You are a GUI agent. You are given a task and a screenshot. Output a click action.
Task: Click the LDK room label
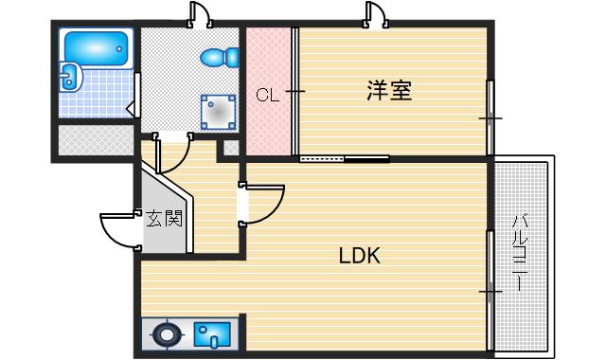(x=361, y=256)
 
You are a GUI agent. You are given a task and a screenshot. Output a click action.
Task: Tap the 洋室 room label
(x=388, y=92)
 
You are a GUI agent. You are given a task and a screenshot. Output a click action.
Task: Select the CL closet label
(x=267, y=95)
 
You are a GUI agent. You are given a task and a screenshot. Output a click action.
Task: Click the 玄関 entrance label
(x=163, y=220)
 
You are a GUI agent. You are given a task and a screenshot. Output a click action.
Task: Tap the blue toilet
(x=222, y=57)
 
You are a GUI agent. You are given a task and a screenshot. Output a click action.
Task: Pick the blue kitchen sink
(x=211, y=334)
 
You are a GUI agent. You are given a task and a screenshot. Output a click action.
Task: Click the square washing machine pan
(x=219, y=113)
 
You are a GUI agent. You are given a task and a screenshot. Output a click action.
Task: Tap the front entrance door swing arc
(x=117, y=230)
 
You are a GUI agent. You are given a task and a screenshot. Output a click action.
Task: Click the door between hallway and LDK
(x=259, y=203)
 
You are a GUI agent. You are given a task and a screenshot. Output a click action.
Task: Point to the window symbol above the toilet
(x=200, y=13)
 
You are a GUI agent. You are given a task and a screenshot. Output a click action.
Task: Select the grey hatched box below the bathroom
(x=96, y=139)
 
